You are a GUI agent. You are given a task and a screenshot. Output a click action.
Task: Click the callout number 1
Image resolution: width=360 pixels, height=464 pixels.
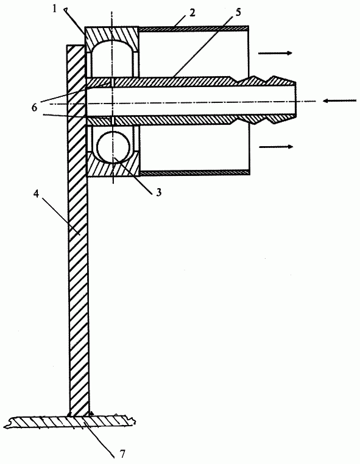pyautogui.click(x=54, y=9)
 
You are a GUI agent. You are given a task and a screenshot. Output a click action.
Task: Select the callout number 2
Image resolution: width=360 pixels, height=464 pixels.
pyautogui.click(x=192, y=13)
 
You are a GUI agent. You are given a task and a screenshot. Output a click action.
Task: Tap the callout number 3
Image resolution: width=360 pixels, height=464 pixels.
pyautogui.click(x=159, y=192)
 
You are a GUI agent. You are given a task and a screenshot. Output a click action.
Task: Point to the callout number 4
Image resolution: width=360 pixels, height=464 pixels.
pyautogui.click(x=36, y=195)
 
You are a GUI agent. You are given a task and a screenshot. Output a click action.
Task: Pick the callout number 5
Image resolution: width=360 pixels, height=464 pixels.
pyautogui.click(x=238, y=12)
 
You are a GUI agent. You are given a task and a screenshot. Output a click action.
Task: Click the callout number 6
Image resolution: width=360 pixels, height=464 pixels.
pyautogui.click(x=35, y=107)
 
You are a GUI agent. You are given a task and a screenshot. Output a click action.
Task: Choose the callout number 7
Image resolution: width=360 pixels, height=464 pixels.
pyautogui.click(x=122, y=454)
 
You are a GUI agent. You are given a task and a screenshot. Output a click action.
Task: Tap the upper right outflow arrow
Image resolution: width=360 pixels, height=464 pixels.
pyautogui.click(x=275, y=53)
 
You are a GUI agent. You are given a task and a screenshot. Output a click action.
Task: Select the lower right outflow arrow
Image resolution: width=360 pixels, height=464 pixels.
pyautogui.click(x=276, y=147)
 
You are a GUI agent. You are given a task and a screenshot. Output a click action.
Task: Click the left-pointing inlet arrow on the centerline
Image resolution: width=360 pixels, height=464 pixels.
pyautogui.click(x=339, y=101)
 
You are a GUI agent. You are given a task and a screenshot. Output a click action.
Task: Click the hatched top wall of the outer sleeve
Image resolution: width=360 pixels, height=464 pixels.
pyautogui.click(x=194, y=29)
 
